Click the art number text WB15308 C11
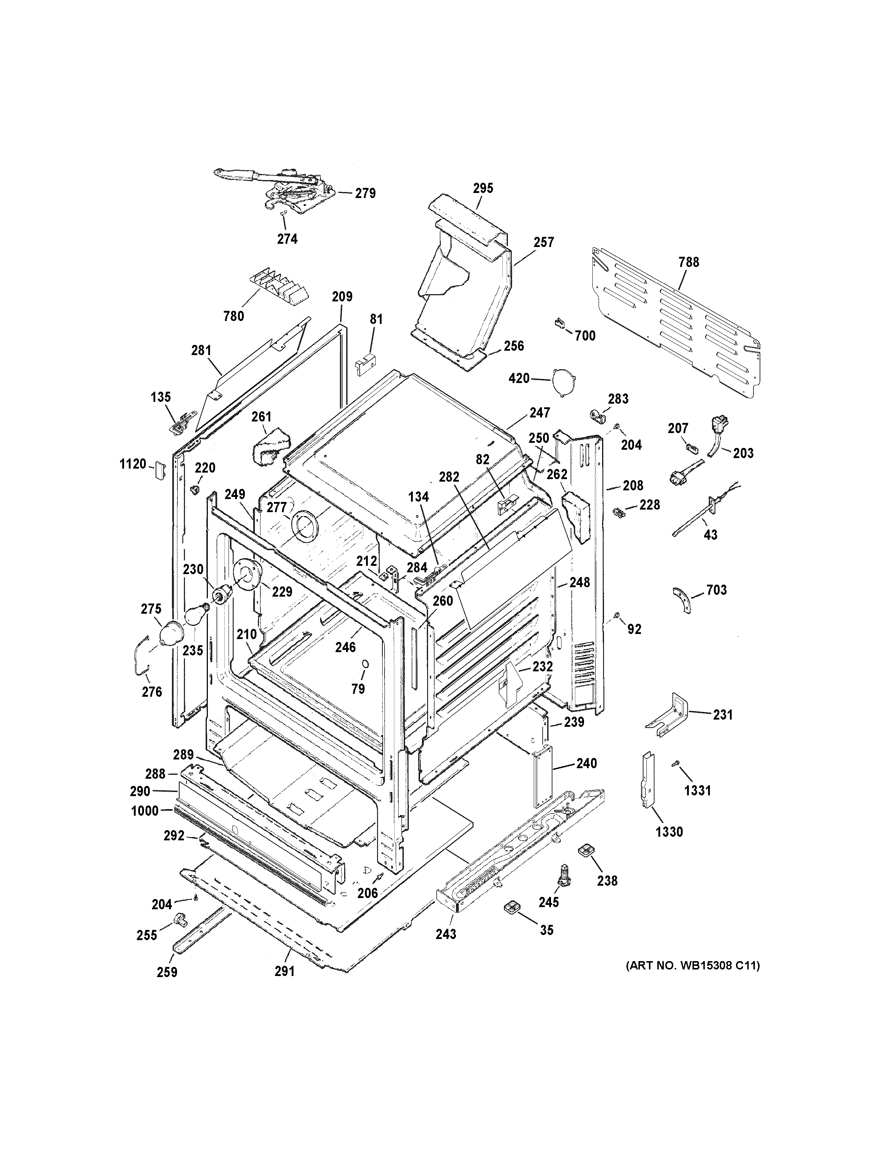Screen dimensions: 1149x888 click(692, 965)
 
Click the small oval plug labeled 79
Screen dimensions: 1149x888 click(363, 667)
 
